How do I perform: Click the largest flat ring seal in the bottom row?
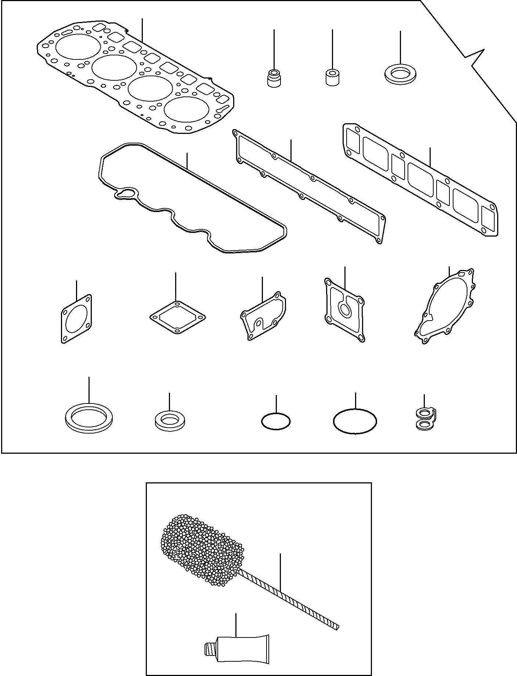click(x=88, y=416)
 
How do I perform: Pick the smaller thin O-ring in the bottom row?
click(x=276, y=421)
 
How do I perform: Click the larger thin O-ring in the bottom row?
click(x=355, y=421)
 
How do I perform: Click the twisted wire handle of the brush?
click(x=294, y=601)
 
